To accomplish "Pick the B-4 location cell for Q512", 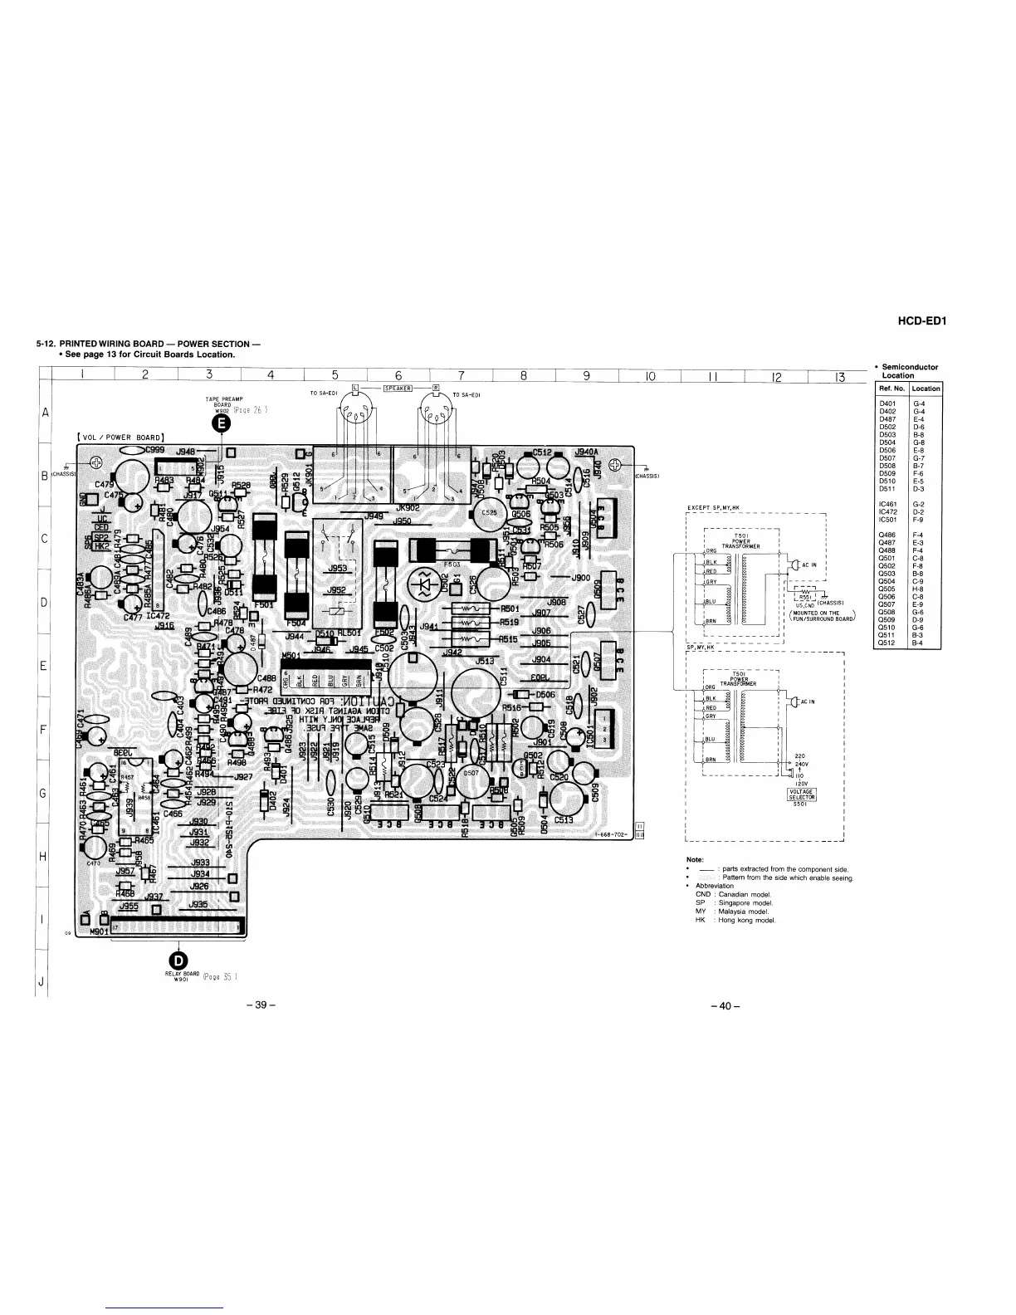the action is (918, 643).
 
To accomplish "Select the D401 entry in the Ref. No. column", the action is (889, 402).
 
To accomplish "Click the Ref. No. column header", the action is (891, 389).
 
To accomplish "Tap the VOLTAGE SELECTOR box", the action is (801, 794).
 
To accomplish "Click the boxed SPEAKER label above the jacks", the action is (393, 387).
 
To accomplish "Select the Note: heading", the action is (695, 859).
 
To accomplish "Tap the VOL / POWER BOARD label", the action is (121, 437).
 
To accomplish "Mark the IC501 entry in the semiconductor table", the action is (888, 520).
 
